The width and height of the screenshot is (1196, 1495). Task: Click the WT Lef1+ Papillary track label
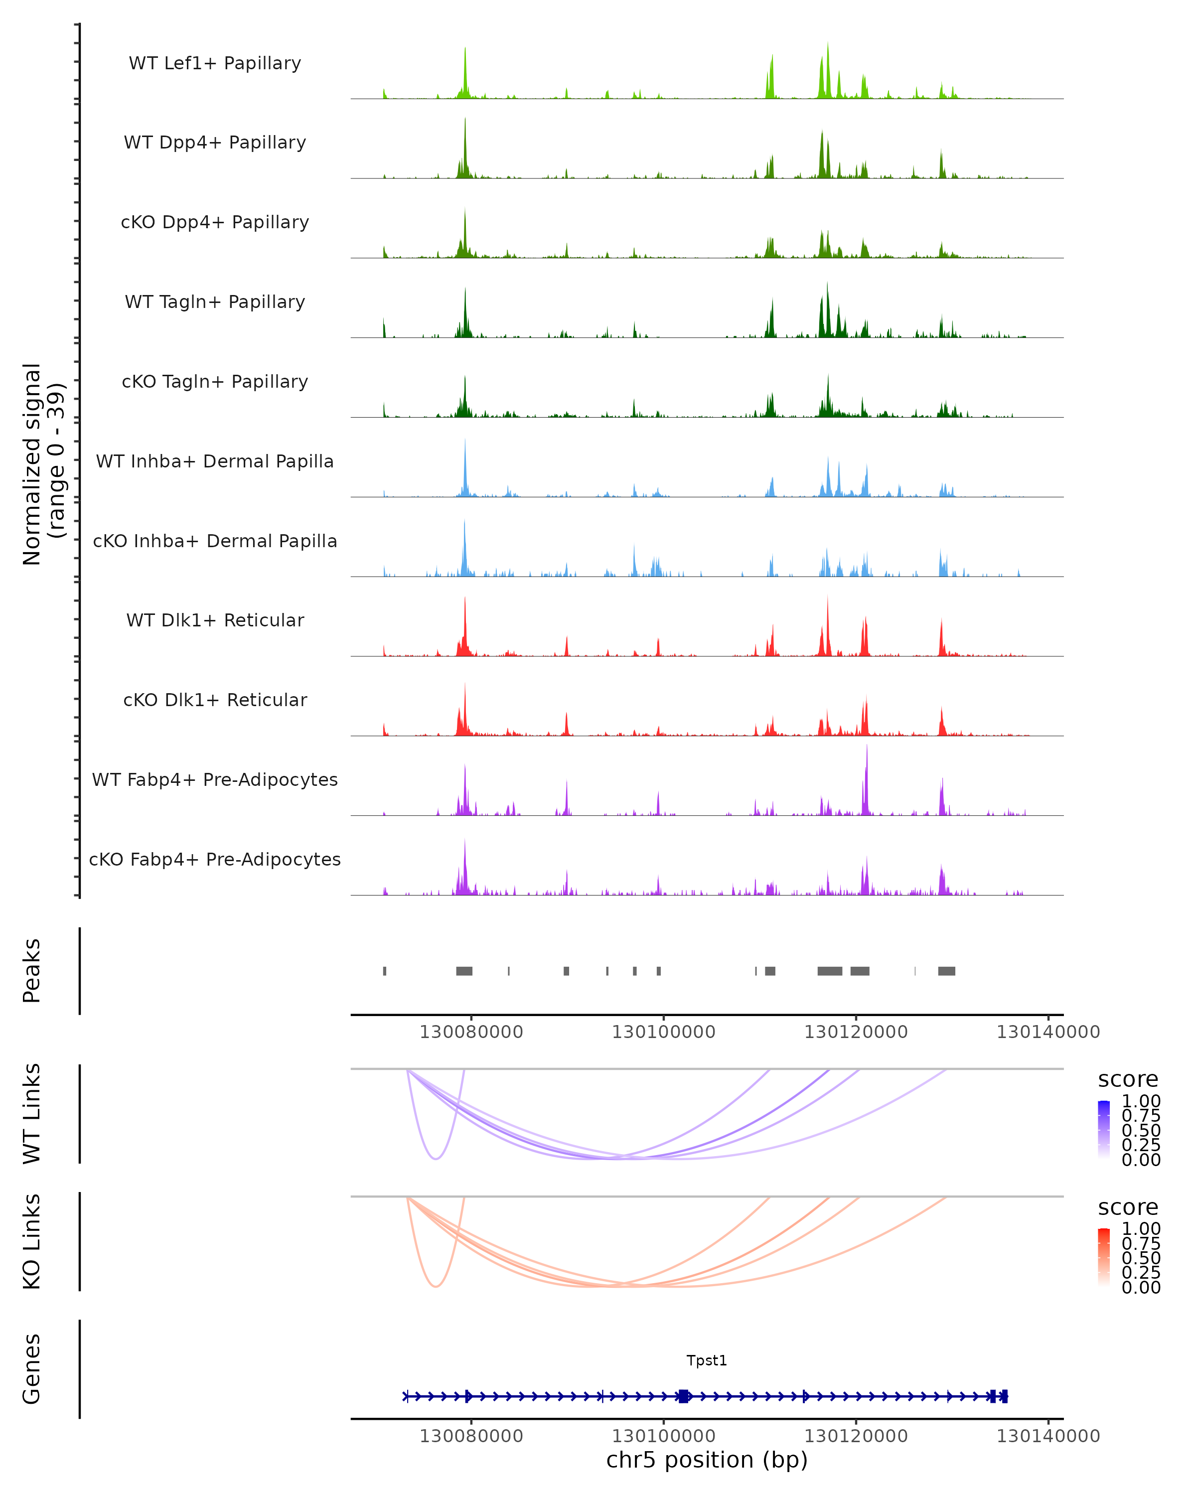coord(215,63)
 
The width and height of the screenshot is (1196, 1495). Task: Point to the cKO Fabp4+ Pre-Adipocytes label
coord(215,859)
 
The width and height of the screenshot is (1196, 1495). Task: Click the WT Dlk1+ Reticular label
coord(215,620)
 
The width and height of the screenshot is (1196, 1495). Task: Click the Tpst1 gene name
coord(707,1360)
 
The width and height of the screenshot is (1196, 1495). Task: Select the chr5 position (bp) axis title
coord(707,1460)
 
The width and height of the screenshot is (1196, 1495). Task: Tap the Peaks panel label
coord(32,971)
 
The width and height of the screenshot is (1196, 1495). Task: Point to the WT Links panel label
coord(32,1114)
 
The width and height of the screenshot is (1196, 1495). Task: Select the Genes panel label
coord(32,1369)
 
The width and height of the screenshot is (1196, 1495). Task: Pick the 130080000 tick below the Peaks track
coord(471,1032)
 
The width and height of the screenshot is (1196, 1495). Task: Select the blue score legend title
coord(1128,1080)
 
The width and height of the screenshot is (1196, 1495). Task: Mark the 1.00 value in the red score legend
coord(1141,1229)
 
